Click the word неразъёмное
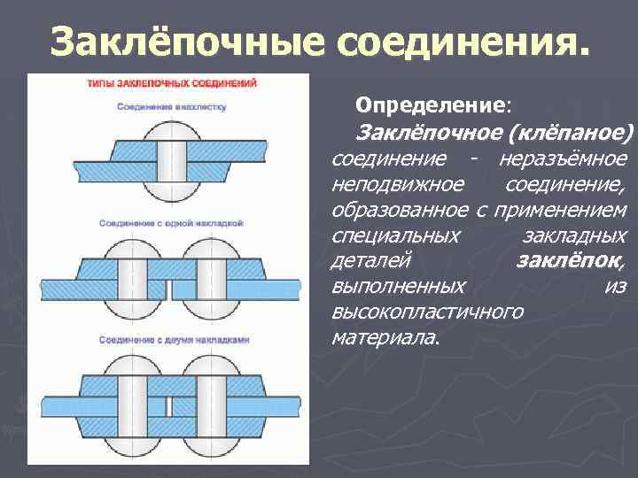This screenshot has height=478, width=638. click(563, 159)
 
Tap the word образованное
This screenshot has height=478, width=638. click(400, 211)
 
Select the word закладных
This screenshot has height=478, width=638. click(576, 236)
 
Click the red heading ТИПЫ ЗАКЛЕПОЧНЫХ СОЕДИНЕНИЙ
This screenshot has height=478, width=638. click(172, 84)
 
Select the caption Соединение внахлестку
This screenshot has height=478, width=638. click(172, 106)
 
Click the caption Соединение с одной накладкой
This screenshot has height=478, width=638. click(171, 222)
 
